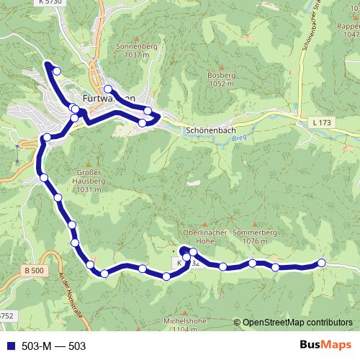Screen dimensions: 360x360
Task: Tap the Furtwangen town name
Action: (109, 99)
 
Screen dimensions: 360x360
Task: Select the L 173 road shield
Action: (322, 124)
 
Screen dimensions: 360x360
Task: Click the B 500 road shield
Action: (33, 270)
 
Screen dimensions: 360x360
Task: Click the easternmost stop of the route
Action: (321, 263)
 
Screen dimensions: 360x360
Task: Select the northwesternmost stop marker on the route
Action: (56, 70)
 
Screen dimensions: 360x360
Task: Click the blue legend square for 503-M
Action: (9, 346)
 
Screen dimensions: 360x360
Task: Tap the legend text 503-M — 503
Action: (54, 346)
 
